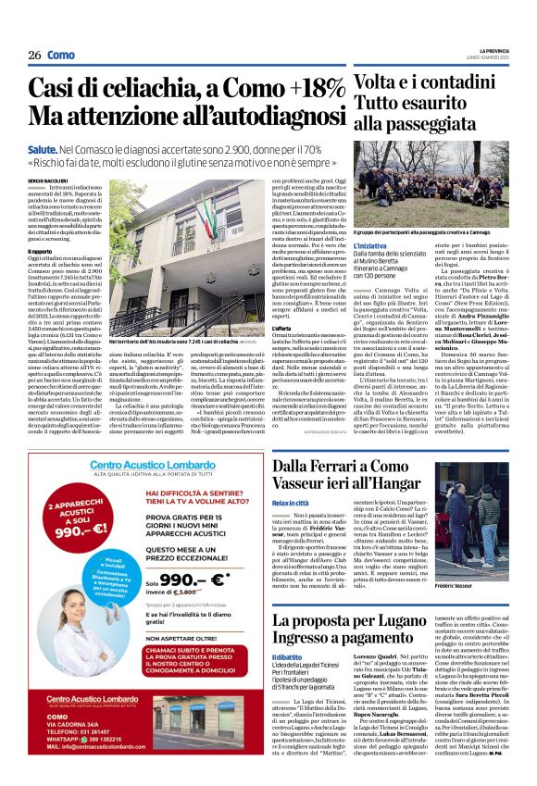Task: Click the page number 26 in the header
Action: click(33, 56)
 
